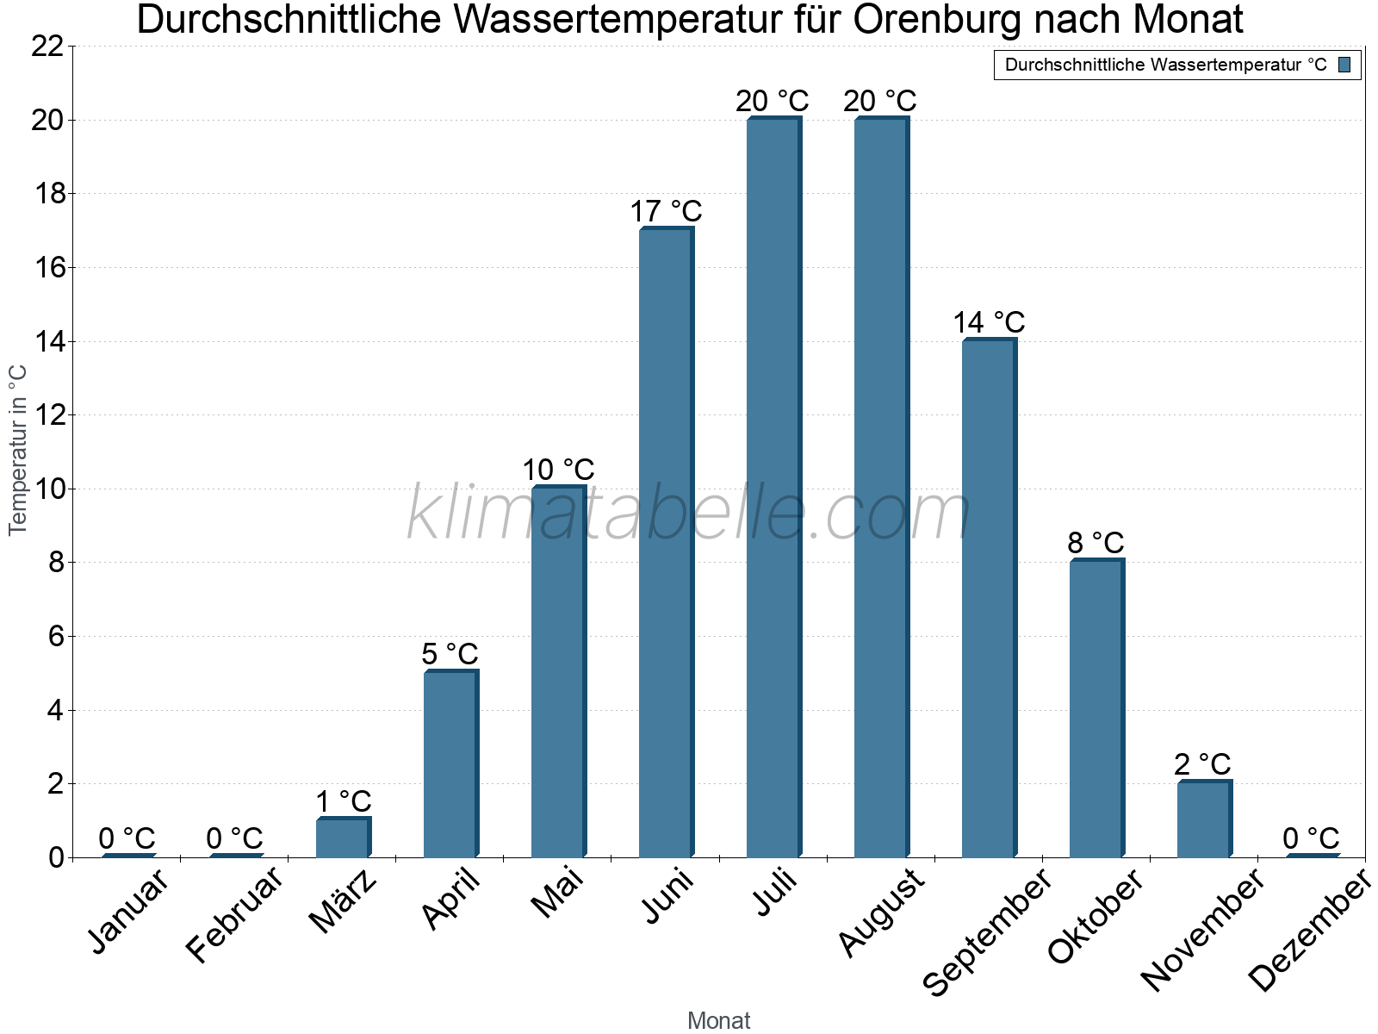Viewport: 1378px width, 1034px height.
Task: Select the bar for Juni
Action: [x=666, y=543]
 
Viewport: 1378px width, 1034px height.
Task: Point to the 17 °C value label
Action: [x=666, y=211]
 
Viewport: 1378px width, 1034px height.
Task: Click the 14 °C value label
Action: [x=989, y=322]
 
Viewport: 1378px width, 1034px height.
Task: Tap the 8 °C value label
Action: [x=1096, y=543]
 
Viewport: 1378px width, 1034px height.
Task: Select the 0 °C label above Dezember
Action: [x=1311, y=838]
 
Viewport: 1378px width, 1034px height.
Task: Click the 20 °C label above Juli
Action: [x=773, y=101]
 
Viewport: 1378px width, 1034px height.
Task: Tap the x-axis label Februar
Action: [x=234, y=914]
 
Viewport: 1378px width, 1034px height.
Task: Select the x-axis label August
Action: [x=881, y=913]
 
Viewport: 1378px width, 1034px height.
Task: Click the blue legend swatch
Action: [x=1344, y=65]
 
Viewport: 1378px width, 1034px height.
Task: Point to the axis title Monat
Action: [x=718, y=1020]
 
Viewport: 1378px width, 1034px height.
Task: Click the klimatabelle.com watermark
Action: [x=688, y=514]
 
